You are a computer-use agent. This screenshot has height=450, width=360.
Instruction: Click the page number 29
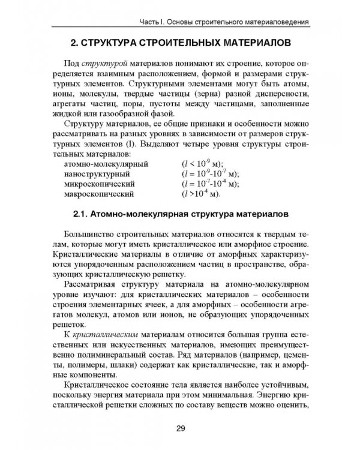point(181,427)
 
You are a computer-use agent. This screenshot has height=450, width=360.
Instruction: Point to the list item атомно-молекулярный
point(106,163)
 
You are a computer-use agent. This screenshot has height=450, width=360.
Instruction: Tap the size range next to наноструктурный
point(209,173)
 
